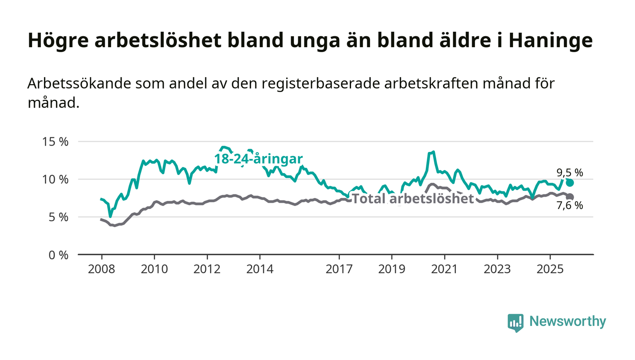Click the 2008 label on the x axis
tap(101, 269)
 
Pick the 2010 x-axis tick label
tap(154, 269)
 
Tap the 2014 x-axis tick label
tap(260, 269)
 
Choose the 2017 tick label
tap(339, 269)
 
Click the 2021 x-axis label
tap(444, 269)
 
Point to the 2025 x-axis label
tap(550, 269)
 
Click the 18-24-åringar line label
tap(258, 159)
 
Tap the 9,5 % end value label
tap(570, 172)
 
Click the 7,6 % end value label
tap(570, 205)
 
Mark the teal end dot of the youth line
tap(570, 183)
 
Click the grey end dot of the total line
tap(570, 197)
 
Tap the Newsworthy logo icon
tap(515, 322)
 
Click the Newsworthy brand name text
tap(567, 321)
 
